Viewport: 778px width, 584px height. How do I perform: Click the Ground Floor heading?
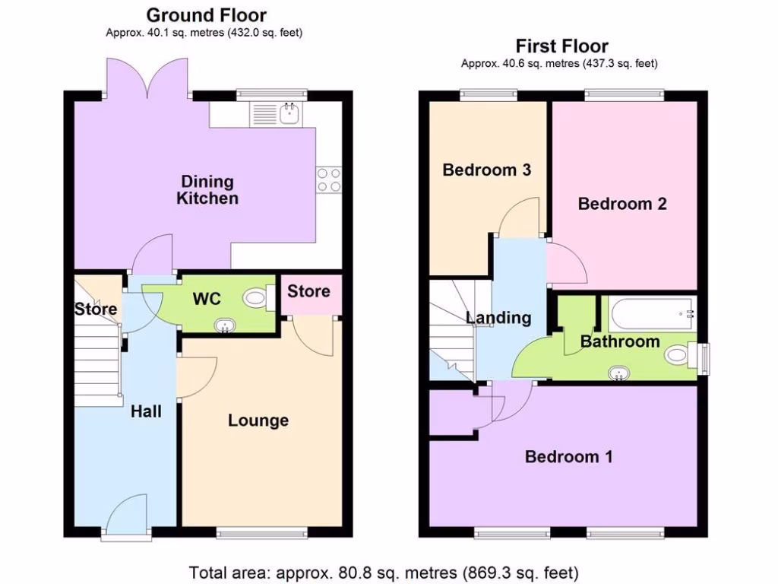pyautogui.click(x=206, y=14)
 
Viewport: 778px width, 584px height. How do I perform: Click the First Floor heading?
pyautogui.click(x=561, y=46)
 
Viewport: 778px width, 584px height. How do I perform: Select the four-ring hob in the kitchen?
pyautogui.click(x=328, y=179)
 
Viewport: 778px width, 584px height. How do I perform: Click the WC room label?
pyautogui.click(x=207, y=298)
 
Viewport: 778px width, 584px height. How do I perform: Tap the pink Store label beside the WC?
pyautogui.click(x=309, y=291)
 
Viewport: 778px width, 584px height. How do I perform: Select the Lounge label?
pyautogui.click(x=258, y=421)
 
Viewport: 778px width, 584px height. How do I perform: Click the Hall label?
pyautogui.click(x=146, y=411)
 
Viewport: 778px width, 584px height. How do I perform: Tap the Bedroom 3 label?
pyautogui.click(x=486, y=170)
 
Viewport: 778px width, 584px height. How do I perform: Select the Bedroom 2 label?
pyautogui.click(x=622, y=204)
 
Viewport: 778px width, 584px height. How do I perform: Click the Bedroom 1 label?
pyautogui.click(x=569, y=456)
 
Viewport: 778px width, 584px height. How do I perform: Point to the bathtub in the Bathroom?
pyautogui.click(x=651, y=313)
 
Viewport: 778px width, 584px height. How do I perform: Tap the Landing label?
pyautogui.click(x=498, y=318)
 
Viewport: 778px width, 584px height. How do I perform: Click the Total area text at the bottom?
pyautogui.click(x=384, y=571)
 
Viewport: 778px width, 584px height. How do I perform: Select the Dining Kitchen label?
pyautogui.click(x=207, y=190)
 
